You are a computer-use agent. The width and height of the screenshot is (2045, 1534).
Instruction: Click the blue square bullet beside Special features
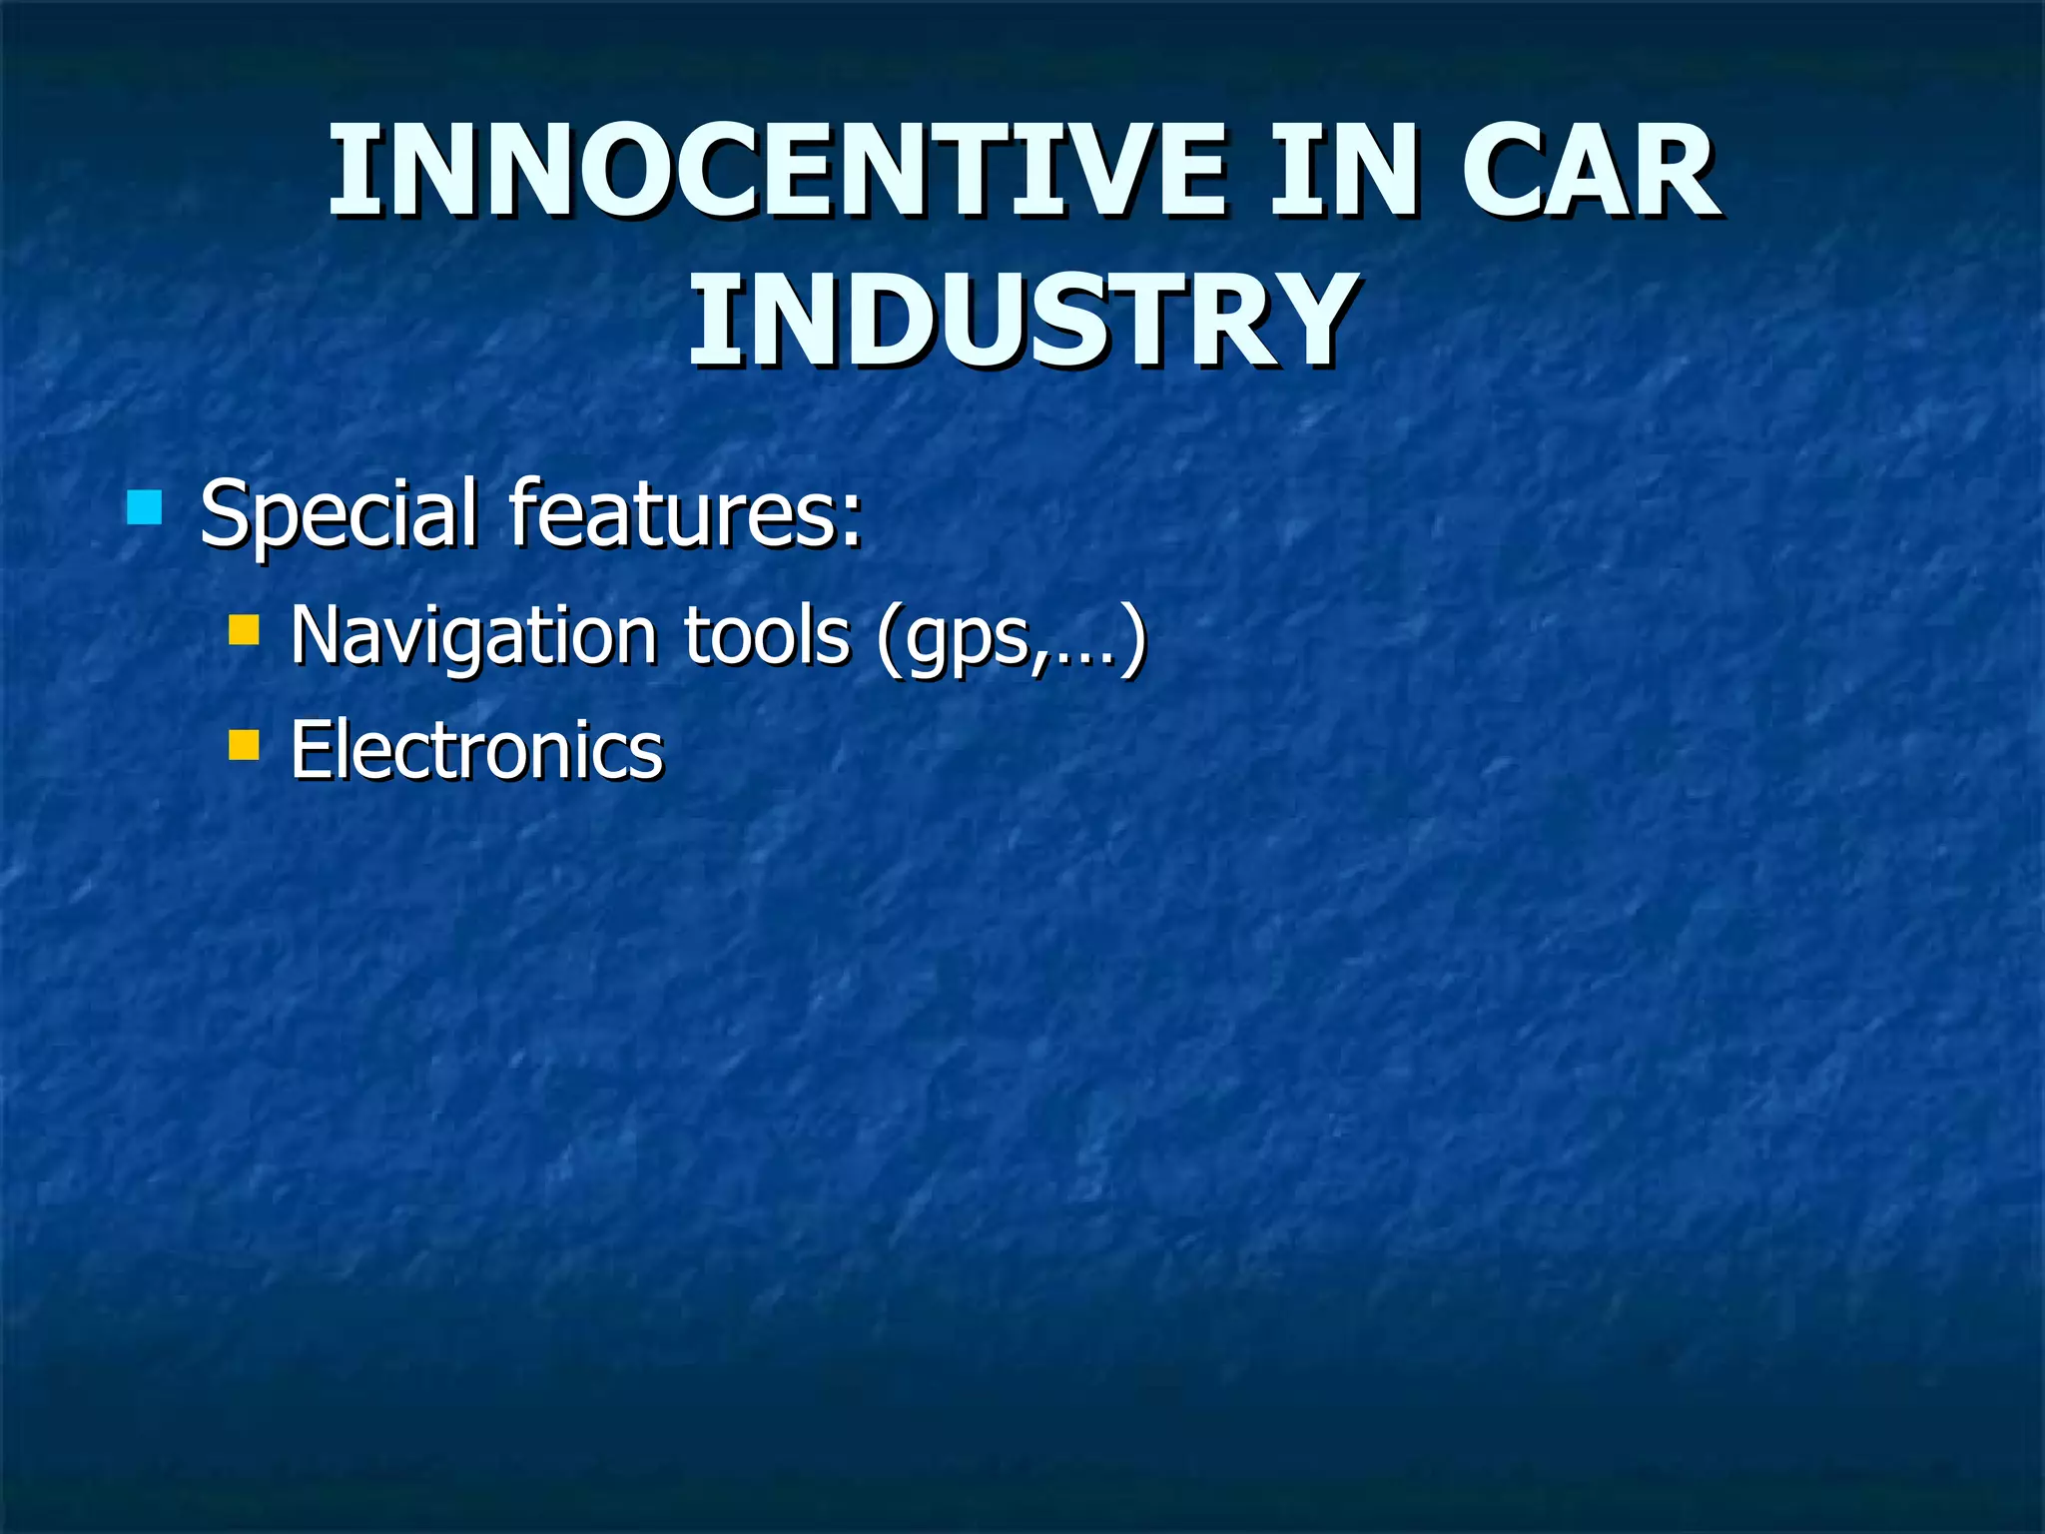point(145,507)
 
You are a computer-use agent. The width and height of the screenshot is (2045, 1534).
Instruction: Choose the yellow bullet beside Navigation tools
point(244,630)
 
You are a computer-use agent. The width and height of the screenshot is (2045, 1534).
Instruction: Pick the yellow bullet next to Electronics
point(244,745)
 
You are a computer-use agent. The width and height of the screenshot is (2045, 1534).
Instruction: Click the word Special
point(338,513)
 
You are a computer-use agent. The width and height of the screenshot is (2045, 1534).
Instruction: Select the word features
point(672,513)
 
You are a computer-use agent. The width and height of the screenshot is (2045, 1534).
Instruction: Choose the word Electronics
point(476,750)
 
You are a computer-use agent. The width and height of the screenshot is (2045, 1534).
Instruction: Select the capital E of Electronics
point(310,750)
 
